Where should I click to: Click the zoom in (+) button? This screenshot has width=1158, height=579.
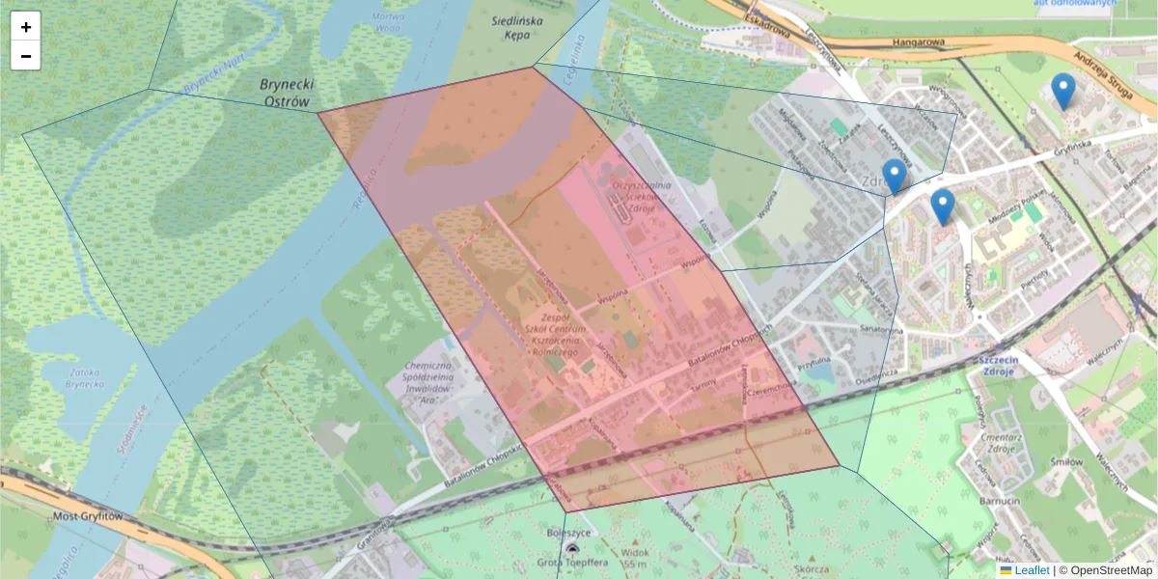(x=26, y=27)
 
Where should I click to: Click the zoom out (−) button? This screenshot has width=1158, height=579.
(x=26, y=56)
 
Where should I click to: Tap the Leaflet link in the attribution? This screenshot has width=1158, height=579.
(x=1031, y=570)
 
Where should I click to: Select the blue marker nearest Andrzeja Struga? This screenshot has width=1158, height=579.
(x=1062, y=93)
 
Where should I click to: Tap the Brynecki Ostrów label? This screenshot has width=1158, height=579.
(x=285, y=92)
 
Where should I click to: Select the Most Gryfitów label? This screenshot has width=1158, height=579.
(x=89, y=516)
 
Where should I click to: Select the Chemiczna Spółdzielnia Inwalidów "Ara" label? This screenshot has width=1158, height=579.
(x=428, y=384)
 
